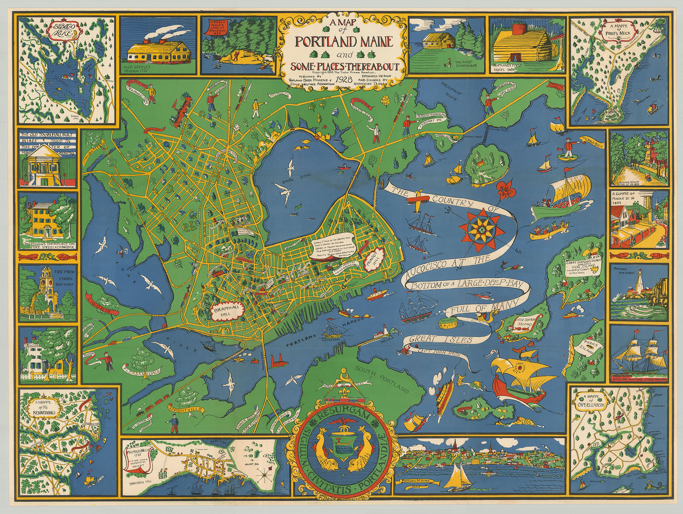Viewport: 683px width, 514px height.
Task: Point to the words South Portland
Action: point(382,380)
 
